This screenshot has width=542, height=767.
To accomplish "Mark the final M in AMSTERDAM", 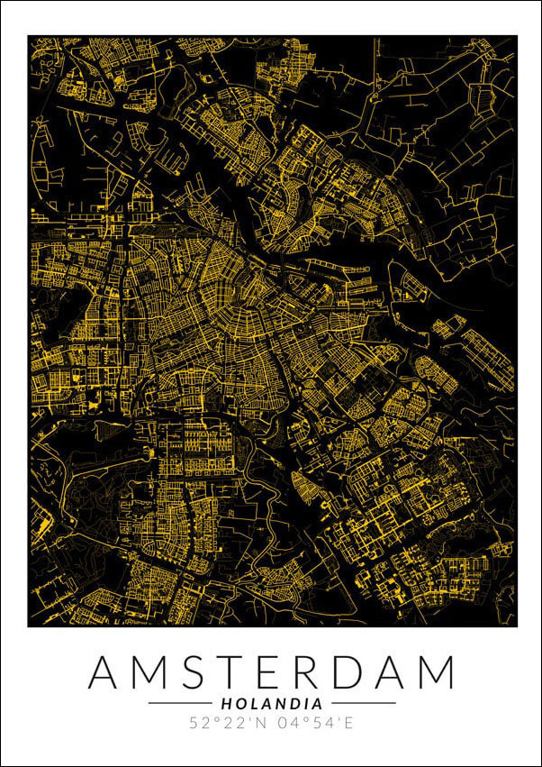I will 435,673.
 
